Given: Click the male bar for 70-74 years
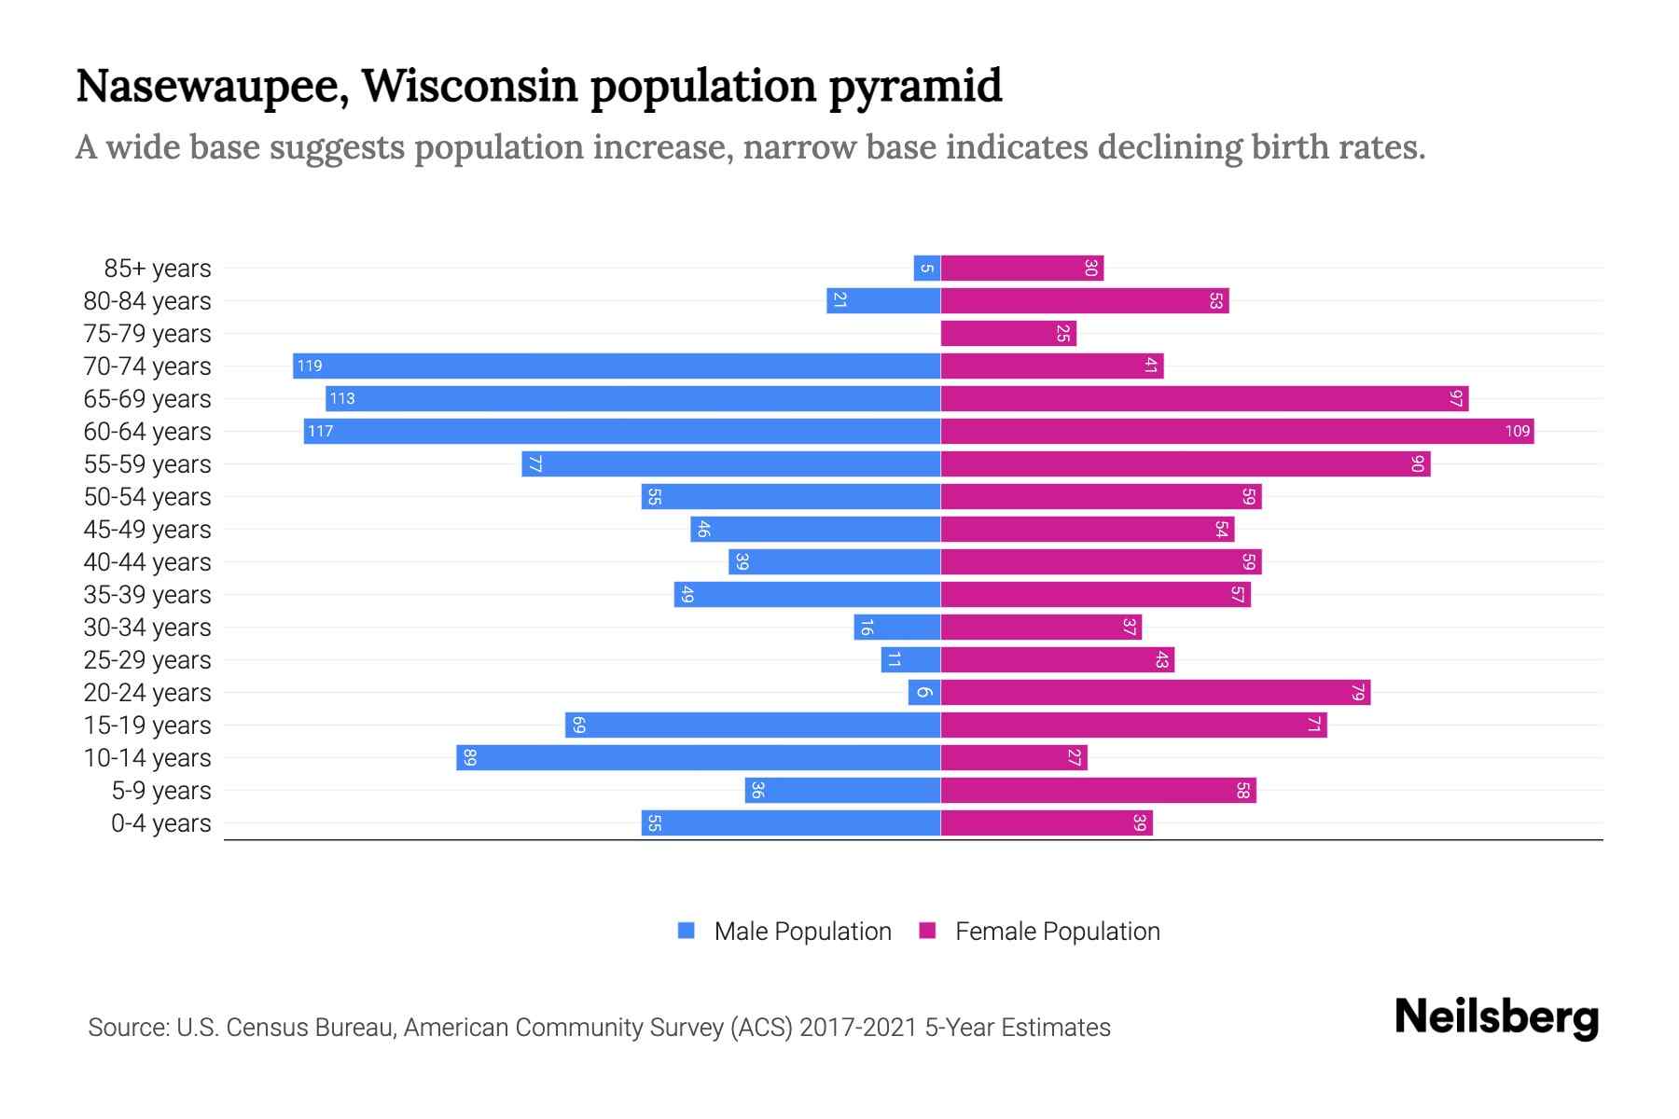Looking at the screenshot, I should click(616, 366).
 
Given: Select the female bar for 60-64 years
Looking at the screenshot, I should click(1236, 431).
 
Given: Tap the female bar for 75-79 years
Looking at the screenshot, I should click(1007, 333).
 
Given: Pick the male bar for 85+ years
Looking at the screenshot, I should click(926, 268).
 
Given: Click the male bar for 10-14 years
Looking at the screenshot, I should click(698, 757).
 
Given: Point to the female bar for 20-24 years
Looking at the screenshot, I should click(1155, 692).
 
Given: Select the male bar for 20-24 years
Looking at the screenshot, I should click(923, 692).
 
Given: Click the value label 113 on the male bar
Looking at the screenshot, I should click(342, 398).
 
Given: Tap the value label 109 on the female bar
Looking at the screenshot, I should click(1517, 431).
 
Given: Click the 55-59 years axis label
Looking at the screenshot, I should click(147, 464).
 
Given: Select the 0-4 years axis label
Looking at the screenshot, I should click(160, 823).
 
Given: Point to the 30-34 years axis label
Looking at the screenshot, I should click(147, 628).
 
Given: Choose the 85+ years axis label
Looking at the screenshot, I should click(158, 269).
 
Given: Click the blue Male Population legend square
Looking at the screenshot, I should click(687, 931).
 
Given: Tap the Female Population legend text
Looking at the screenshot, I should click(1057, 932).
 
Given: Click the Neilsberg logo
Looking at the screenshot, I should click(1496, 1017).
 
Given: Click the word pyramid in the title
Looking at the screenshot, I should click(915, 87).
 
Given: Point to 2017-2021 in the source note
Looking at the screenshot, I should click(858, 1028).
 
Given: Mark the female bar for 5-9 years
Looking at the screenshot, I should click(1098, 790).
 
